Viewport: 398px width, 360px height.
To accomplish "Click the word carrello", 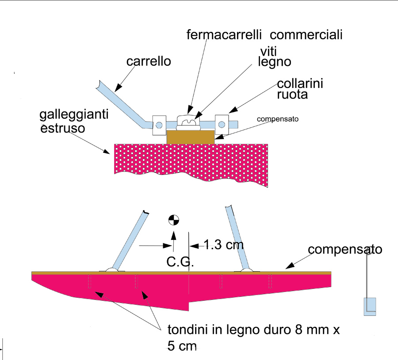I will [x=149, y=61].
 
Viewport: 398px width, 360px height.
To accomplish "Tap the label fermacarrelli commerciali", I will [x=265, y=34].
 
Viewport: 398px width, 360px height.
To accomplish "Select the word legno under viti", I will [x=274, y=62].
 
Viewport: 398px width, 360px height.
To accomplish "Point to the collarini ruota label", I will [x=300, y=88].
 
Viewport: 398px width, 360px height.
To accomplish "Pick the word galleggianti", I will [x=73, y=116].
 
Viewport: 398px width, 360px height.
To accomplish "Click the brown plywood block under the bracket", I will [x=190, y=137].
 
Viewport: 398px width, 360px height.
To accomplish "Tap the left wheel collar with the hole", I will [x=159, y=124].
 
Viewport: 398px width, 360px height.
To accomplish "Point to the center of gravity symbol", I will [x=173, y=220].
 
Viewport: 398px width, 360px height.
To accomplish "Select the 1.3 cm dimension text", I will [x=223, y=244].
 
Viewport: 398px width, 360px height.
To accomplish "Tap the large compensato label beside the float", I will [x=345, y=250].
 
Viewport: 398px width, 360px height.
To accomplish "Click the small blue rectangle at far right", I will [x=370, y=306].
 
